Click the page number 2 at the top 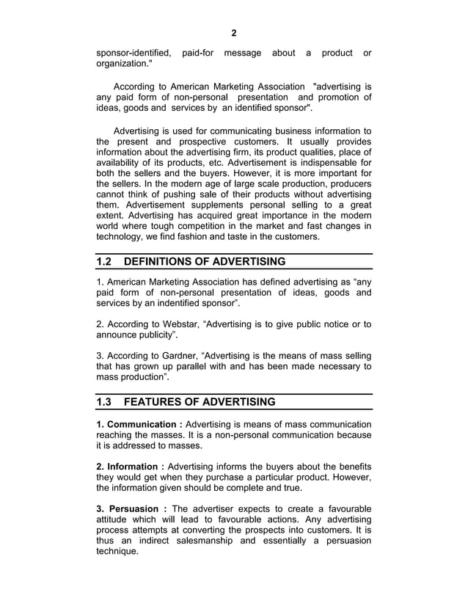234,33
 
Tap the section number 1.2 106,262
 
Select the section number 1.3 106,402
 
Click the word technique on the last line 117,552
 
